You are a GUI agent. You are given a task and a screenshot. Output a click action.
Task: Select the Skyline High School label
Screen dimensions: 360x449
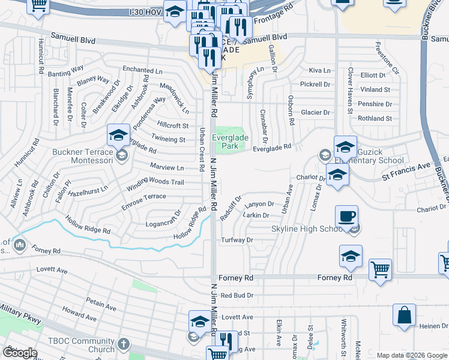tap(306, 229)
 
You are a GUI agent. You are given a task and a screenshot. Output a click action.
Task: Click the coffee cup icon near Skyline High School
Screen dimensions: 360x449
tap(347, 217)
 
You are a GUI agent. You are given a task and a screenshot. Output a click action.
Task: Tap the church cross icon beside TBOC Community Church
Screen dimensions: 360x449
tap(123, 344)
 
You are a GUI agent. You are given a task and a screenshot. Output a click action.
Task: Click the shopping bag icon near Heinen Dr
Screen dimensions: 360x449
tap(405, 315)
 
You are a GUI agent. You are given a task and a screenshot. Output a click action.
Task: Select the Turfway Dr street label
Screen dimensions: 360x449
tap(238, 240)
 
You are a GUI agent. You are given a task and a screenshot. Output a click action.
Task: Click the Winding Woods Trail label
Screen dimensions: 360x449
tap(155, 182)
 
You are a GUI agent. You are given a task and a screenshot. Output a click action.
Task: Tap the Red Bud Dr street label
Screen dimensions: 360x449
tap(238, 295)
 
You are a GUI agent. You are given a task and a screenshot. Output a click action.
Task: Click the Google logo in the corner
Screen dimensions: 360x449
tap(19, 353)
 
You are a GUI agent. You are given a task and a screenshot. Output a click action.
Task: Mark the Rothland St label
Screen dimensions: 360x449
tap(375, 119)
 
